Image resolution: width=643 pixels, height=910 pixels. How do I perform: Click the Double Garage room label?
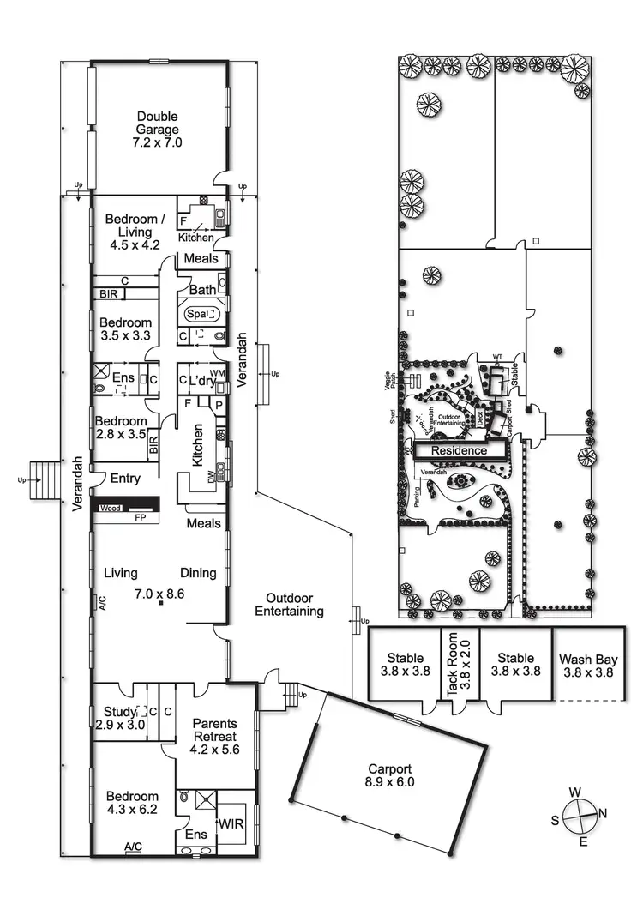(158, 130)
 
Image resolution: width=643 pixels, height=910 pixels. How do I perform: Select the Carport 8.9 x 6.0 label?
(391, 775)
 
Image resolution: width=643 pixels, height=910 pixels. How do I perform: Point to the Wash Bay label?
(589, 666)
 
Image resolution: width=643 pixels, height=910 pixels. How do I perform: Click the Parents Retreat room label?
(214, 736)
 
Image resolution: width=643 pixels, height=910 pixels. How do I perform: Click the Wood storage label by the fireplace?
(110, 509)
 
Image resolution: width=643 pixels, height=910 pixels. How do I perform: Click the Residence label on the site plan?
(459, 450)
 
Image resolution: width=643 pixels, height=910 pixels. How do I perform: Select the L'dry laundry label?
(203, 380)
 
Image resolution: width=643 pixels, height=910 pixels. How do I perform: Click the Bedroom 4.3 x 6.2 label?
(132, 802)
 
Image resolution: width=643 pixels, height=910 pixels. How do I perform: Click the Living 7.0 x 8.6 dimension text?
(160, 593)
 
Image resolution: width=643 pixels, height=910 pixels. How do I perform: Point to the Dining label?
(198, 573)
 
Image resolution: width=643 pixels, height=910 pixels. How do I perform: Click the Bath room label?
(203, 290)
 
